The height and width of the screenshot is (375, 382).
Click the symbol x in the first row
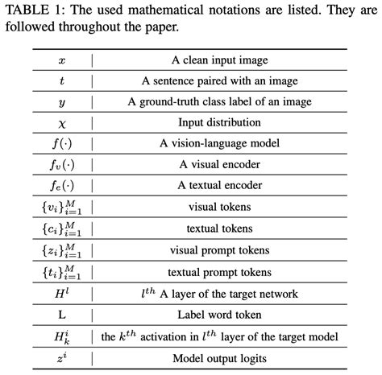[x=62, y=60]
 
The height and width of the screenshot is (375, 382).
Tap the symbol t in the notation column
[x=62, y=81]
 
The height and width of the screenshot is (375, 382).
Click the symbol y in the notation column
[x=62, y=103]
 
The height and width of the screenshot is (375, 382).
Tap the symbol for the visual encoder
[x=62, y=166]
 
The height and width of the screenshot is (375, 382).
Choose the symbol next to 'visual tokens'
[x=62, y=208]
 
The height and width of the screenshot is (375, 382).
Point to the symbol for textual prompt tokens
[x=62, y=271]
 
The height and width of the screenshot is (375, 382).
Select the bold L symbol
[x=62, y=314]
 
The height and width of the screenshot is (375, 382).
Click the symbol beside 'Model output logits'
[x=62, y=356]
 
